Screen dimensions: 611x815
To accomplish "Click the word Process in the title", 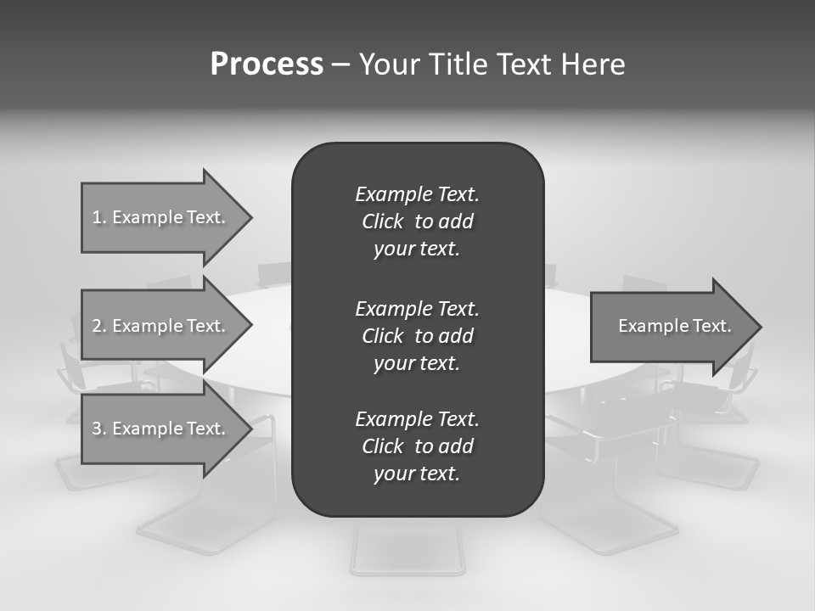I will coord(267,64).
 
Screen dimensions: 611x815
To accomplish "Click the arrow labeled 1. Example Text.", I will coord(161,217).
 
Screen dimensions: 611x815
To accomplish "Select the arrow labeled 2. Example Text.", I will coord(161,326).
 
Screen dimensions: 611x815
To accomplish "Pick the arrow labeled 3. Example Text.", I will coord(161,429).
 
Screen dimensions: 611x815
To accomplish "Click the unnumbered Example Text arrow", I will coord(671,326).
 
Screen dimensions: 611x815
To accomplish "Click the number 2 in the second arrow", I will coord(97,326).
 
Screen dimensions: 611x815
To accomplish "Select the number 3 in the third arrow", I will coord(97,429).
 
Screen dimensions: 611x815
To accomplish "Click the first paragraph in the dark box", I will coord(417,221).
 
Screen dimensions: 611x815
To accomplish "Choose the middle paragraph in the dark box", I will coord(417,335).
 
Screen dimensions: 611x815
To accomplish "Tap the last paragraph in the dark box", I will coord(417,446).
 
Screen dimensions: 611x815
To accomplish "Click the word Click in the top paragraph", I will coord(382,221).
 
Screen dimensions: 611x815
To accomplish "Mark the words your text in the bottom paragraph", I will coord(417,474).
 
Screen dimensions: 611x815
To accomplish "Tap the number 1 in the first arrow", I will coord(96,217).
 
